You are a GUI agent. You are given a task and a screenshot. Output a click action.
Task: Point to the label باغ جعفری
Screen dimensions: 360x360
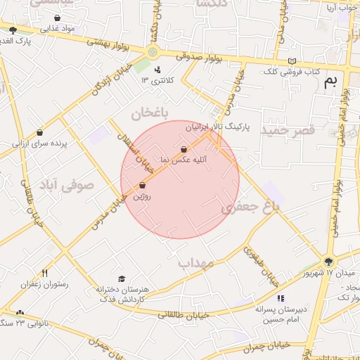pos(250,207)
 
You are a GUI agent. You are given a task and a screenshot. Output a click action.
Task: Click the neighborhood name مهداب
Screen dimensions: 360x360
pos(195,263)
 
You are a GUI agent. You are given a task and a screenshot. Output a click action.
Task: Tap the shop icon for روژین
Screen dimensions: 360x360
pos(143,186)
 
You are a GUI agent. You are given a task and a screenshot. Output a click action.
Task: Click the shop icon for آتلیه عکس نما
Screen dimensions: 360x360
pos(184,149)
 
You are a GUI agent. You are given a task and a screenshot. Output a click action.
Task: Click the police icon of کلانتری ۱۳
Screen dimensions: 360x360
pos(157,70)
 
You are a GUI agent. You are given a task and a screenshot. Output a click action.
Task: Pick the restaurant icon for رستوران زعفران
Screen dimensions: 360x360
pos(44,273)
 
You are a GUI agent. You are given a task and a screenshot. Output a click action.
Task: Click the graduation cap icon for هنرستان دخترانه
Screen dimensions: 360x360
pos(122,279)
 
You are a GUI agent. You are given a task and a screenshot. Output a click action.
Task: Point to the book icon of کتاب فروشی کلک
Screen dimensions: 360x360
pos(292,61)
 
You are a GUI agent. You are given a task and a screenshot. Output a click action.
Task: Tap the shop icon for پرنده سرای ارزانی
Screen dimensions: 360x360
pos(39,132)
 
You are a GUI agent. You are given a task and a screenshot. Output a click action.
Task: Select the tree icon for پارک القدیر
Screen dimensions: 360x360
pos(13,29)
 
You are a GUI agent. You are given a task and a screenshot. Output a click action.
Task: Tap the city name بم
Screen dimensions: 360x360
pos(330,81)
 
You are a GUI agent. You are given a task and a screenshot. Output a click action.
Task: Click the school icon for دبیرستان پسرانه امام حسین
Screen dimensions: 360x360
pos(281,299)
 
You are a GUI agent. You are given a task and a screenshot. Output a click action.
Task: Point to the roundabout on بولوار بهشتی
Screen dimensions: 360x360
pos(152,53)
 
